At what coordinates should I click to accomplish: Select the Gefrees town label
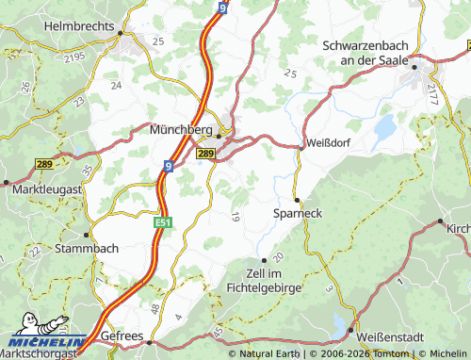(x=122, y=336)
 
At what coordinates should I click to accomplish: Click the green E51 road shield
(x=163, y=221)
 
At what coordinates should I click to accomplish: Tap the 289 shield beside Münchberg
(x=206, y=153)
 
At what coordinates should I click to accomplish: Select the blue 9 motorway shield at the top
(x=220, y=8)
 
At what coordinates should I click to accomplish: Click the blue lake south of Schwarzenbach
(x=385, y=125)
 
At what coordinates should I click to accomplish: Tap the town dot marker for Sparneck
(x=297, y=200)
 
